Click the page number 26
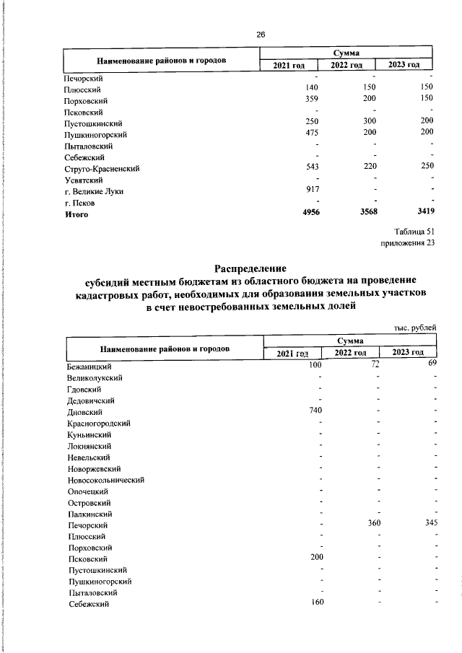click(x=261, y=35)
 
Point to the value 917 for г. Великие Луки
click(x=312, y=191)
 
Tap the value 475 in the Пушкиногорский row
click(x=312, y=134)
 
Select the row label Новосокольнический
click(x=106, y=479)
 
